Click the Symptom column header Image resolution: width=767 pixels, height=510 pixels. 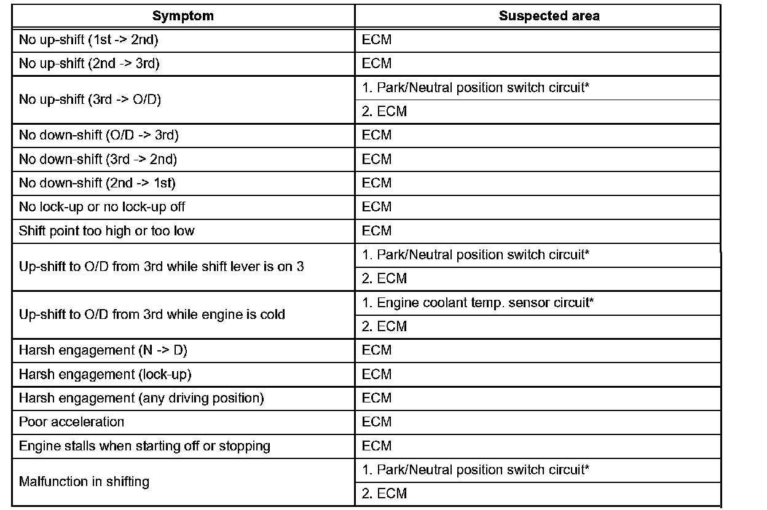[x=183, y=17]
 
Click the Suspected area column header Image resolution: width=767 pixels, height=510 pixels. [x=549, y=17]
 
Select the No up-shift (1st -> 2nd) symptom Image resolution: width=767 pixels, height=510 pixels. [x=90, y=40]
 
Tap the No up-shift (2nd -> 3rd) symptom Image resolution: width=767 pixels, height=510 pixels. [x=90, y=64]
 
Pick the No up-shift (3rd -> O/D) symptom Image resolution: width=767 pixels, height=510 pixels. [x=90, y=100]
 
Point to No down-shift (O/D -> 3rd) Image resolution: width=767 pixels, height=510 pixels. [x=98, y=135]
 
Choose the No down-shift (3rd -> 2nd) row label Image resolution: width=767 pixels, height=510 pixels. [x=98, y=159]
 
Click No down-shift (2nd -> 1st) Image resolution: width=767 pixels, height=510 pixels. [x=98, y=183]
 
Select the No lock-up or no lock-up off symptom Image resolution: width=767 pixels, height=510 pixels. [x=102, y=207]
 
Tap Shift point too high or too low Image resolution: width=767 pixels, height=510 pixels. [x=106, y=231]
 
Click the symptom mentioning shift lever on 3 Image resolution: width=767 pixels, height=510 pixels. [x=161, y=267]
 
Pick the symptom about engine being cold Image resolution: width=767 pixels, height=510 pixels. [x=152, y=315]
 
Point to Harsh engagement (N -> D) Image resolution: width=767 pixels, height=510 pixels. [x=103, y=350]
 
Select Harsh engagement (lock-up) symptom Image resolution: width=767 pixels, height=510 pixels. [x=101, y=374]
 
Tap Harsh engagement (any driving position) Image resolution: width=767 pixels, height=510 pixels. [x=141, y=398]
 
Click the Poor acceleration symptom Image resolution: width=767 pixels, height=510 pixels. [x=71, y=422]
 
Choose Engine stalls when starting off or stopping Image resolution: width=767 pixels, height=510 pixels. [x=144, y=446]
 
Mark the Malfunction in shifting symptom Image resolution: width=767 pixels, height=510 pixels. [x=84, y=482]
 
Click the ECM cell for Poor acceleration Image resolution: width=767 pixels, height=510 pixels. [x=377, y=422]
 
